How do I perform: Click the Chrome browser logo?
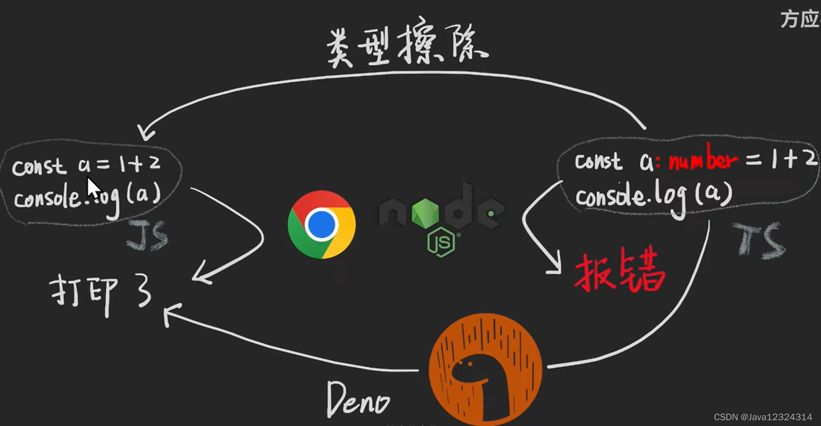(x=321, y=224)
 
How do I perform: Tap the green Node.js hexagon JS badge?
(x=441, y=242)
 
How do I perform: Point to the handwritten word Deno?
(x=358, y=400)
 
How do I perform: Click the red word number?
(x=703, y=160)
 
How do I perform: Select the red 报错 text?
(x=620, y=273)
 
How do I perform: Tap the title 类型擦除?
(x=406, y=47)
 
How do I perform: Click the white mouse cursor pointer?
(x=93, y=188)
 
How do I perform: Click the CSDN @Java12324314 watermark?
(x=763, y=417)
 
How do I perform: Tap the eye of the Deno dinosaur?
(x=469, y=362)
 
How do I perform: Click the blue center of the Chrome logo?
(x=321, y=224)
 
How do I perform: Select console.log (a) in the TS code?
(x=653, y=196)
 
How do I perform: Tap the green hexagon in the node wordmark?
(x=425, y=212)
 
